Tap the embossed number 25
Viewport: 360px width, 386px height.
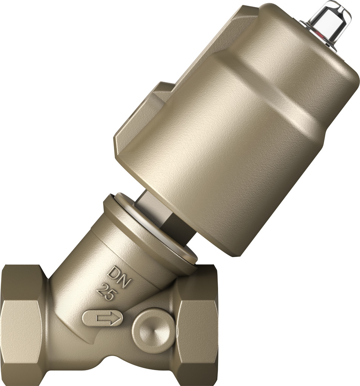click(x=105, y=292)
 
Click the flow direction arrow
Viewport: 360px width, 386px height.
click(x=107, y=319)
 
